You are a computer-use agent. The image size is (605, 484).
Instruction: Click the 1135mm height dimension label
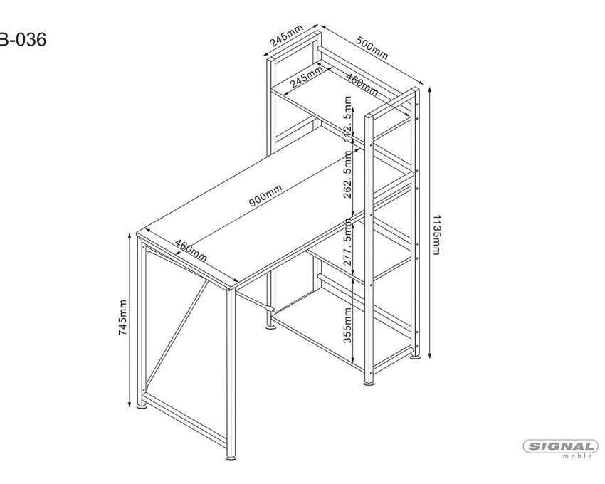pos(436,235)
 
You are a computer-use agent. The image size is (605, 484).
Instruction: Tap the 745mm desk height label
pos(122,317)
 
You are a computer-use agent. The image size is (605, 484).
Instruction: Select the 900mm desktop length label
pos(265,196)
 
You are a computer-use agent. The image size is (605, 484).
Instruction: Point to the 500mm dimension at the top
pos(372,48)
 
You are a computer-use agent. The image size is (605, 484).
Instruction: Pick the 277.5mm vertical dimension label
pos(347,242)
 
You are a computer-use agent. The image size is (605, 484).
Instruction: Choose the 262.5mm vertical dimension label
pos(347,174)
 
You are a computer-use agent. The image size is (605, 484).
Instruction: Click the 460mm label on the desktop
pos(191,250)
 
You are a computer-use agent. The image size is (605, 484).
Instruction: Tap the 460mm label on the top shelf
pos(362,85)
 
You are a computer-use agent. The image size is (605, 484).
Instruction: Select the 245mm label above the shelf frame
pos(287,36)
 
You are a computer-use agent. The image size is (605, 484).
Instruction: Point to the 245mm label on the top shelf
pos(307,77)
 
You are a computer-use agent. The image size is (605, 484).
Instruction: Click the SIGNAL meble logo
pos(562,448)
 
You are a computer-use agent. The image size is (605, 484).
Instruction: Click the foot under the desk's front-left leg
pos(142,406)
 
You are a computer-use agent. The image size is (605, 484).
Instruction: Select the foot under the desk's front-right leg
pos(231,458)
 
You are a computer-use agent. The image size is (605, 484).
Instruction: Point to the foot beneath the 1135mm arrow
pos(415,357)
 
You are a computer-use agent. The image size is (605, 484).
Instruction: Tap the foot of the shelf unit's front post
pos(369,383)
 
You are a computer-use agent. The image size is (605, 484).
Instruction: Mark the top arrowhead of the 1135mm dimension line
pos(430,90)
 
